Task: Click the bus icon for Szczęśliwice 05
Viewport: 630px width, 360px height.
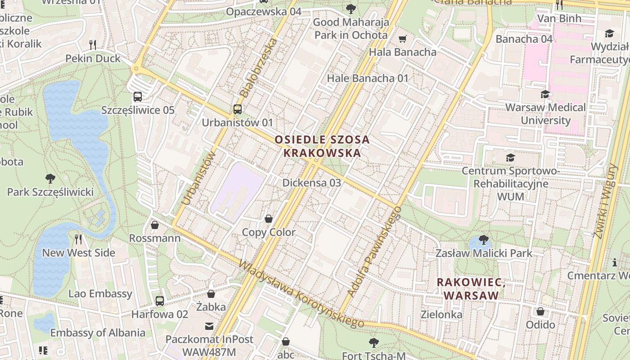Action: pos(138,97)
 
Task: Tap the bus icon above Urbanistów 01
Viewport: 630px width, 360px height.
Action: pos(237,109)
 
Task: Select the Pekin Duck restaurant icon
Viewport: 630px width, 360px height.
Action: pos(93,45)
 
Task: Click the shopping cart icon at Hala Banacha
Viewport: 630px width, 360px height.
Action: pos(402,39)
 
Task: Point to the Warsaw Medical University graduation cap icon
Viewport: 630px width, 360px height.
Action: pos(545,94)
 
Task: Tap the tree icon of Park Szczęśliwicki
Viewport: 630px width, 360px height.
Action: pos(50,179)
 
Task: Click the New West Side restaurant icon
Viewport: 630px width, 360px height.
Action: pos(79,239)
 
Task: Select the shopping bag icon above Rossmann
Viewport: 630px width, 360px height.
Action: pos(155,225)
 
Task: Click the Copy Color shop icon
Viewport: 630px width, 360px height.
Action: pos(269,219)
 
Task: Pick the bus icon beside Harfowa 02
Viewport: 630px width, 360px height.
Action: pos(159,301)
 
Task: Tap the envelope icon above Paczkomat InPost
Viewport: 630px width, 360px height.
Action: pos(209,326)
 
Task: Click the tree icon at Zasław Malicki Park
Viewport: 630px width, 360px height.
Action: pos(484,239)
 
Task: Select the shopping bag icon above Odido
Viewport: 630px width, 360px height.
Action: pos(540,311)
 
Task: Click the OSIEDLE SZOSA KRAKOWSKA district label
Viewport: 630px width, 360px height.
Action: pos(322,146)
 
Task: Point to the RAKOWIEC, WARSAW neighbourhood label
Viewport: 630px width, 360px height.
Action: pos(471,289)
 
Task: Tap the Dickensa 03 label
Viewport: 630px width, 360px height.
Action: pos(311,183)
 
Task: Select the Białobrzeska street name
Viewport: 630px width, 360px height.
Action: pos(258,67)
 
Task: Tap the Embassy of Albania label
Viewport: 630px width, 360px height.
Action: pos(98,333)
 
